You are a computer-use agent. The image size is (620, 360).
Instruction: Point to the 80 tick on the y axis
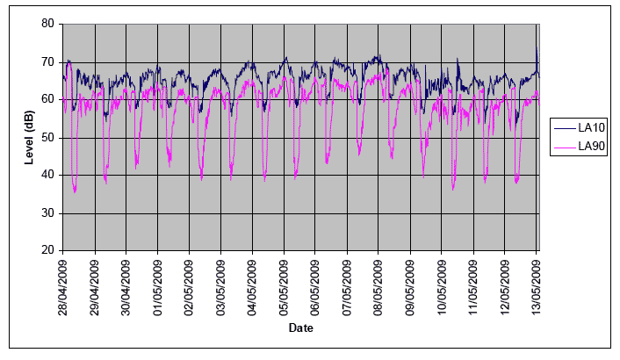click(x=49, y=24)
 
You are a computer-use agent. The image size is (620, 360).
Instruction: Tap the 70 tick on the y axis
click(x=49, y=61)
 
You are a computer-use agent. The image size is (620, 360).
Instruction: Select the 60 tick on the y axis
click(x=49, y=99)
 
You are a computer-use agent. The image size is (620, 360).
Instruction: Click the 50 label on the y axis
click(x=49, y=138)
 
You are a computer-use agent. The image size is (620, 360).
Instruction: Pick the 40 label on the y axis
click(x=49, y=176)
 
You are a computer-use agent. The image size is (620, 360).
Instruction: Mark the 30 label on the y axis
click(x=49, y=213)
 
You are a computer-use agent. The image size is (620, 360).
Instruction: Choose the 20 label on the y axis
click(x=49, y=251)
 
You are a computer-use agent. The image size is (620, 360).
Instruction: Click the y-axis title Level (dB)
click(x=27, y=137)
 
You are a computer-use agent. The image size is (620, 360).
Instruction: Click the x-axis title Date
click(x=300, y=328)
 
